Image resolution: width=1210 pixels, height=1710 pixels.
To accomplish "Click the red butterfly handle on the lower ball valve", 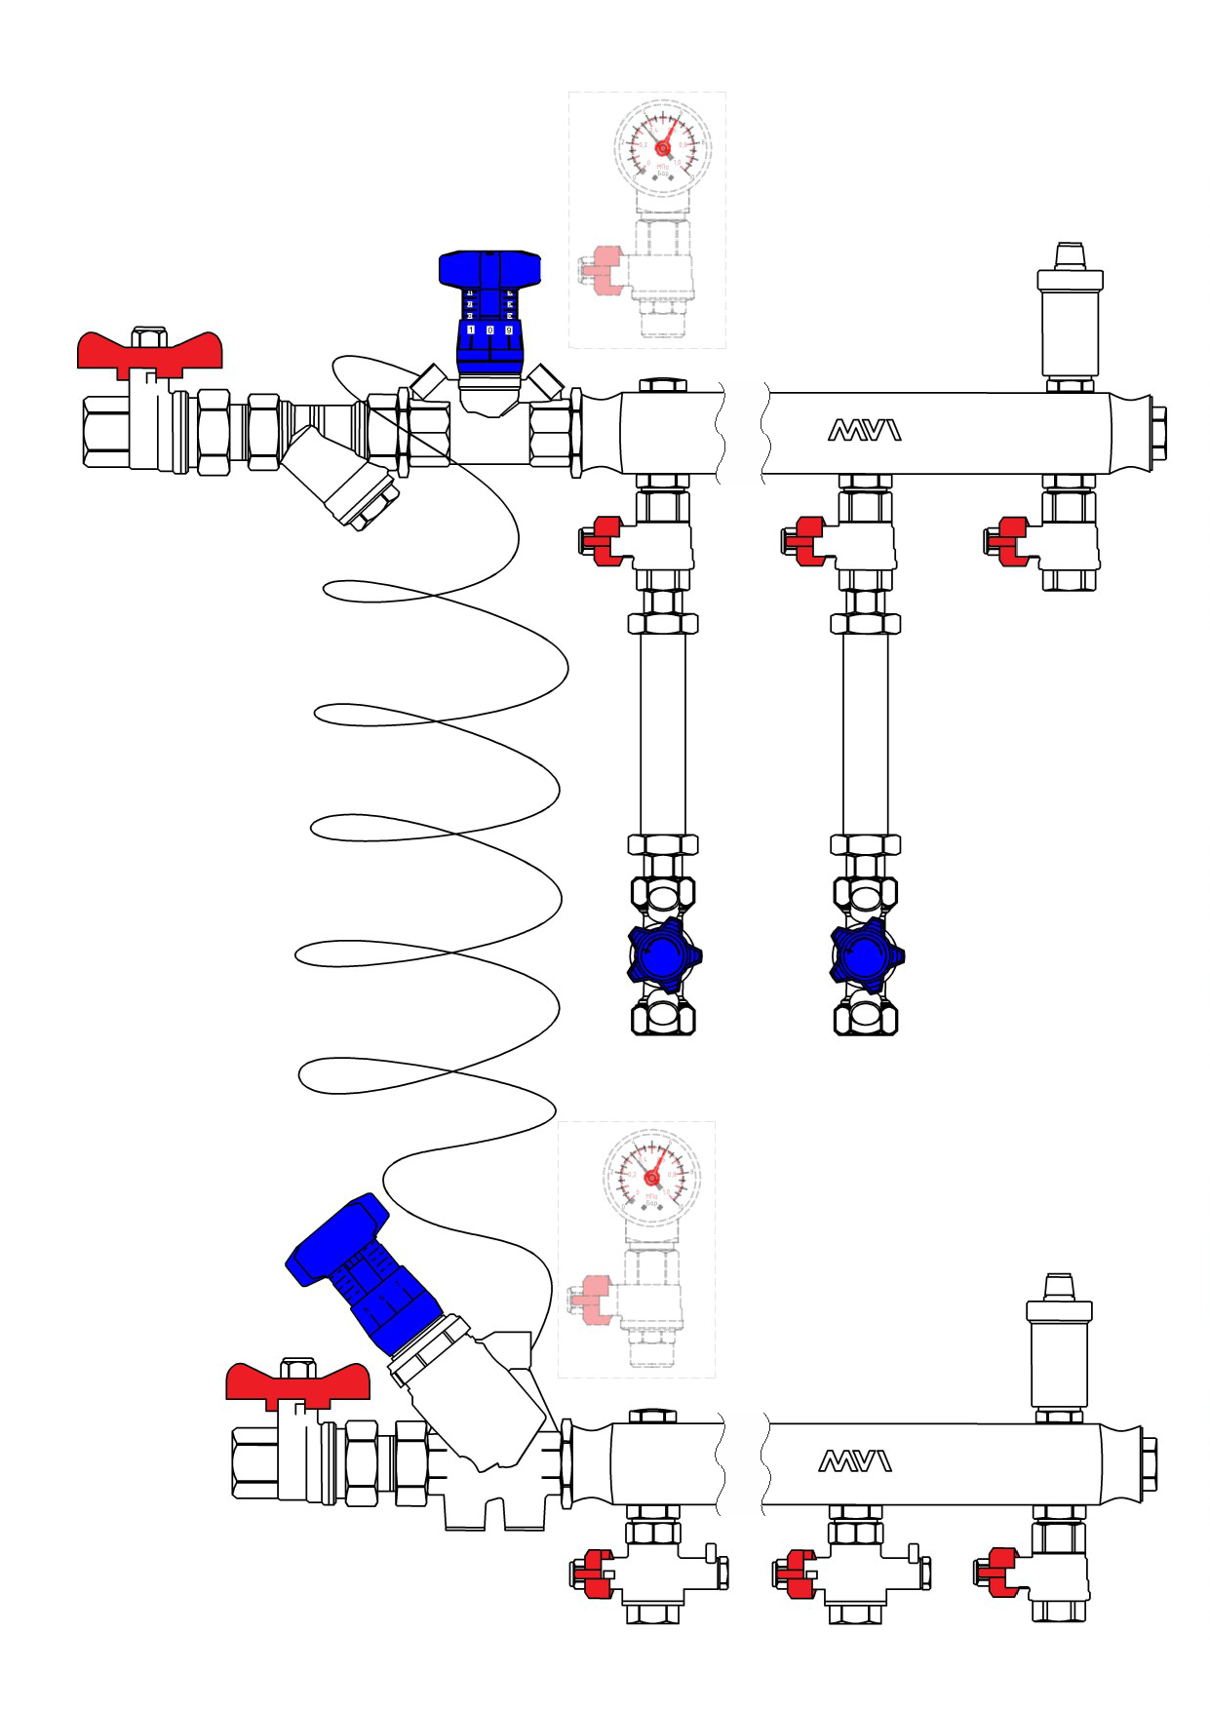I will pyautogui.click(x=297, y=1382).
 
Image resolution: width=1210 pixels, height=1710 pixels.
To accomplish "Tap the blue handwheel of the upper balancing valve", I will pyautogui.click(x=489, y=269).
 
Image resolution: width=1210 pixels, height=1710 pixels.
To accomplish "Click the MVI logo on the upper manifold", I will pyautogui.click(x=864, y=430).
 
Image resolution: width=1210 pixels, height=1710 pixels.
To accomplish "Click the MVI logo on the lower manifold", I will pyautogui.click(x=854, y=1460).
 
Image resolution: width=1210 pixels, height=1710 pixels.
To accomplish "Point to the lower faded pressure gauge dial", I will pyautogui.click(x=652, y=1178).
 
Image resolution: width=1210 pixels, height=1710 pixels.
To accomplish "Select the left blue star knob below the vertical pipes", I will pyautogui.click(x=664, y=955).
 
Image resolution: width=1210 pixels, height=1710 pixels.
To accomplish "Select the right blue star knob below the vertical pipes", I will pyautogui.click(x=866, y=955).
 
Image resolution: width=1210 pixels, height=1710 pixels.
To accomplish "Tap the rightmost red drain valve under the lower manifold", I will pyautogui.click(x=999, y=1572).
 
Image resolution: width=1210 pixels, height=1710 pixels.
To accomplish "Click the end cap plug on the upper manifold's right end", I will pyautogui.click(x=1157, y=433).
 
